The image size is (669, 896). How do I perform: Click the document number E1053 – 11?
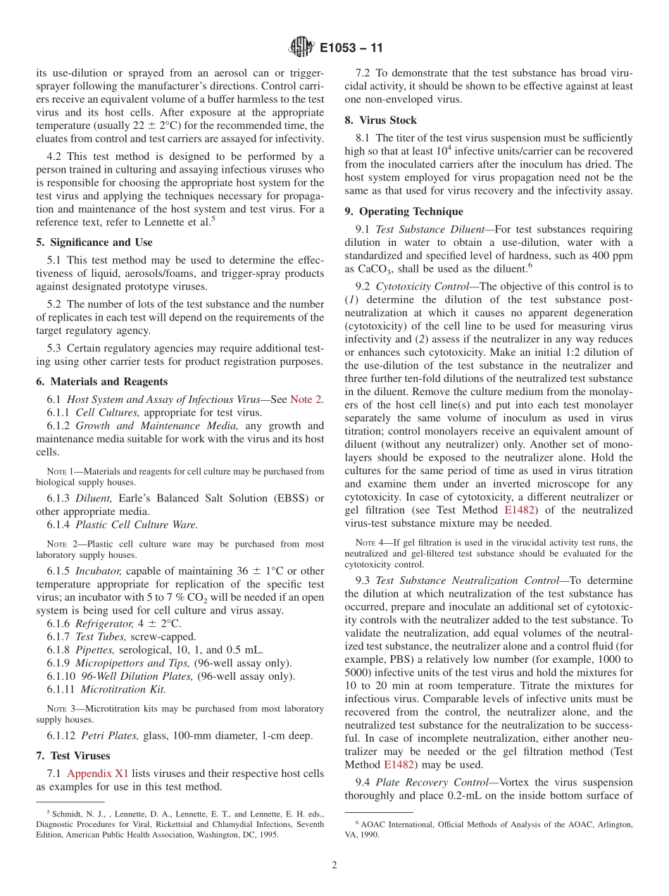tap(351, 49)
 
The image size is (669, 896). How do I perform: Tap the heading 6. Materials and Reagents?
tap(101, 382)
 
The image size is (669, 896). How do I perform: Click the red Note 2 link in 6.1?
tap(306, 399)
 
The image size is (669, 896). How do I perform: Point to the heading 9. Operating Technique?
tap(404, 211)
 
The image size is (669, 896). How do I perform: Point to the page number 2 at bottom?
tap(334, 866)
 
